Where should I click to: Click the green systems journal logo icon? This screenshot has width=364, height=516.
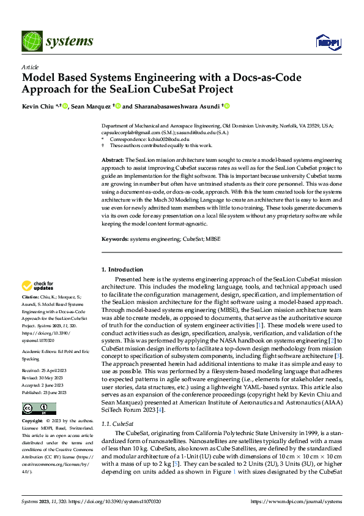pos(31,41)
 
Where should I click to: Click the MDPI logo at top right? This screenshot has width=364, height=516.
pos(327,42)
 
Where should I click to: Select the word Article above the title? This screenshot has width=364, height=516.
pos(30,67)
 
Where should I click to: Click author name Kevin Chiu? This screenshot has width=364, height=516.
pos(36,106)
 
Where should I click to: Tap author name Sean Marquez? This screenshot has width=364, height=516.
pos(89,106)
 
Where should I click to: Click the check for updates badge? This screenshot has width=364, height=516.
pos(37,286)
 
